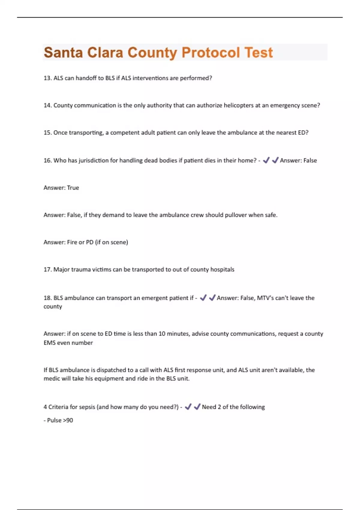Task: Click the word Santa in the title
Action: point(63,53)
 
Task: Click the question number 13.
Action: point(47,78)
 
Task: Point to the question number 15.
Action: point(47,133)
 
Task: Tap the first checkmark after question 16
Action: point(266,160)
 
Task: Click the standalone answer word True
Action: point(73,188)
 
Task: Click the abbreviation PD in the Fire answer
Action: point(89,242)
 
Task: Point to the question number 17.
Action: point(47,270)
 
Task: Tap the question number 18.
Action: point(47,298)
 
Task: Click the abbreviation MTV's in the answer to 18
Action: point(265,298)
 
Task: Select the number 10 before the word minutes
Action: point(162,334)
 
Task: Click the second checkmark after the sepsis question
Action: point(197,407)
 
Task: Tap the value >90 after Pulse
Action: point(68,420)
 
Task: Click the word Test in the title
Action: point(259,53)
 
